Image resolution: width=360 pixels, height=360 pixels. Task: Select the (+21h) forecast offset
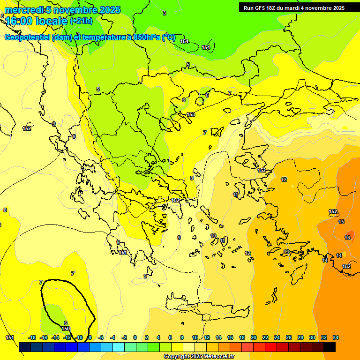coord(82,21)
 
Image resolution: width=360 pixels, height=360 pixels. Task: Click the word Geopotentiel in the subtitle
coord(27,37)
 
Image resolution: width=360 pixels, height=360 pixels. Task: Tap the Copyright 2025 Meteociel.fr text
coord(199,357)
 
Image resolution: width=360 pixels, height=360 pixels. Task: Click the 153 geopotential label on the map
coord(191,114)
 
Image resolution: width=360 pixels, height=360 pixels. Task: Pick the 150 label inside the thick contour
coord(66,329)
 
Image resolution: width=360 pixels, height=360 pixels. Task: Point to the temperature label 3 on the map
coord(164,13)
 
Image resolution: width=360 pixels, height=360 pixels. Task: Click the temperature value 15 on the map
coord(341,222)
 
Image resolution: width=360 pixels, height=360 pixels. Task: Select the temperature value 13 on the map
coord(286,252)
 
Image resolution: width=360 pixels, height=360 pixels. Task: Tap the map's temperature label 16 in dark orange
coord(347,238)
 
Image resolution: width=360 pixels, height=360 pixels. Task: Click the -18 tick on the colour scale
coord(32,337)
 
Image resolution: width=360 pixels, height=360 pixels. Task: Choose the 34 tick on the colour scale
coord(335,337)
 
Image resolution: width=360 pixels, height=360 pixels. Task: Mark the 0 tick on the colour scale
coord(135,337)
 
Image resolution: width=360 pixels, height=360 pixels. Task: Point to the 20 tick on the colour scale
coord(254,337)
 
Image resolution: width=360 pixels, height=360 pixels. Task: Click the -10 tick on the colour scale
coord(79,337)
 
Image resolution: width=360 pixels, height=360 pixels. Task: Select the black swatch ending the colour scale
coord(329,347)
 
